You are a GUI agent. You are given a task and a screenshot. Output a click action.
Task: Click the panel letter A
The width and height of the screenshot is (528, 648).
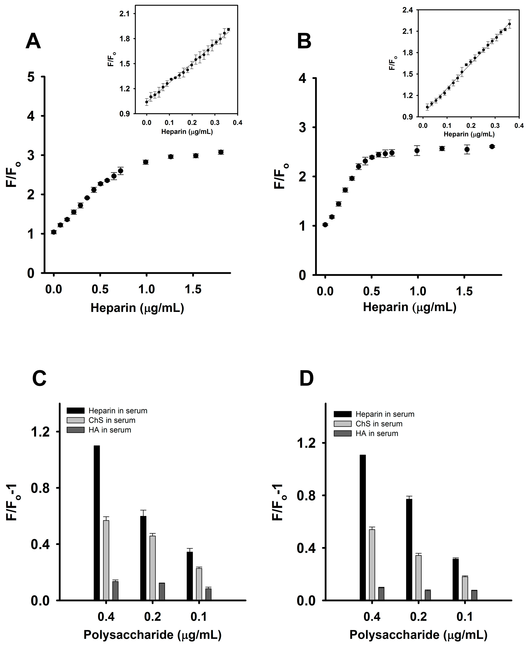tap(33, 41)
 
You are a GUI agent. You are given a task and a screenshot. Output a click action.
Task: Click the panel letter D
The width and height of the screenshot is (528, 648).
tap(306, 379)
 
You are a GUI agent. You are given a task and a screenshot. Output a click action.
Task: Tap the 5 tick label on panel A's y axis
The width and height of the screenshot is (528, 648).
tap(31, 77)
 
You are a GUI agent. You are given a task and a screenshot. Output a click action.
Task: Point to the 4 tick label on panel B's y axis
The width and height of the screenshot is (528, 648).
tap(302, 78)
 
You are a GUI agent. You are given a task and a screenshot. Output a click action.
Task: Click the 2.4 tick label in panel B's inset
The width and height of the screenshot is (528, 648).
tap(407, 10)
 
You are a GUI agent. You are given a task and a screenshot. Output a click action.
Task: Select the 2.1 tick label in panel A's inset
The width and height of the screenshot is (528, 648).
tap(124, 14)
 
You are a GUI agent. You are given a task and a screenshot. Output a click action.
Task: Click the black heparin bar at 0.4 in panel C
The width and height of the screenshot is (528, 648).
tap(97, 523)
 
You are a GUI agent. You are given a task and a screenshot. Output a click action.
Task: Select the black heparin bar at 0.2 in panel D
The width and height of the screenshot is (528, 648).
tap(409, 549)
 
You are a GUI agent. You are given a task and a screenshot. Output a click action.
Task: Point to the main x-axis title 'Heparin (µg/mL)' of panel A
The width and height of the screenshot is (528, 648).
tap(137, 308)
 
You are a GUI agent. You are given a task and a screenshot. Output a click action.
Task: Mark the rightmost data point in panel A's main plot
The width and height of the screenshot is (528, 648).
tap(221, 152)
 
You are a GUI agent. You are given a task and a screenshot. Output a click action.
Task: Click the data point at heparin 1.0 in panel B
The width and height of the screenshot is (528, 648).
tap(417, 151)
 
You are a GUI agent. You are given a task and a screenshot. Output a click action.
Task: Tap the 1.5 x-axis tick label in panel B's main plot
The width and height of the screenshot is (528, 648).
tap(464, 291)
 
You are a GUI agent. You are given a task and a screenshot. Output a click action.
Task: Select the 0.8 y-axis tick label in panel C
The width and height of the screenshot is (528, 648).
tap(40, 488)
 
